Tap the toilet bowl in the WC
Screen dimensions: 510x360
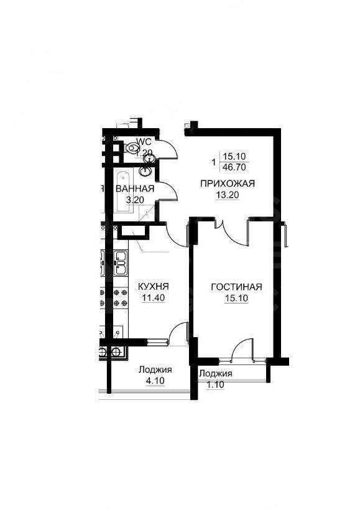[132, 148]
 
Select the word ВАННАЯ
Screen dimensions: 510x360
[135, 189]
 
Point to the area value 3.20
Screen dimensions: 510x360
[135, 200]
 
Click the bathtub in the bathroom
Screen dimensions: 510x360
[122, 191]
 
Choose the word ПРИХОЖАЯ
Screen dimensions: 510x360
[219, 183]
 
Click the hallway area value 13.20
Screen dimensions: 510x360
[219, 193]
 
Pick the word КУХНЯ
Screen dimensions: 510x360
[152, 287]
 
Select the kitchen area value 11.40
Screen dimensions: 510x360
[152, 297]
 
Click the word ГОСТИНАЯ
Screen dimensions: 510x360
[236, 287]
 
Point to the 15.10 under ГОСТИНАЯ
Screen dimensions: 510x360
[236, 297]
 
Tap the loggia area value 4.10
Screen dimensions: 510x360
[155, 381]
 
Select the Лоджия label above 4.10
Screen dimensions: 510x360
[155, 370]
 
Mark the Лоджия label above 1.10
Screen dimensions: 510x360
[216, 374]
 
